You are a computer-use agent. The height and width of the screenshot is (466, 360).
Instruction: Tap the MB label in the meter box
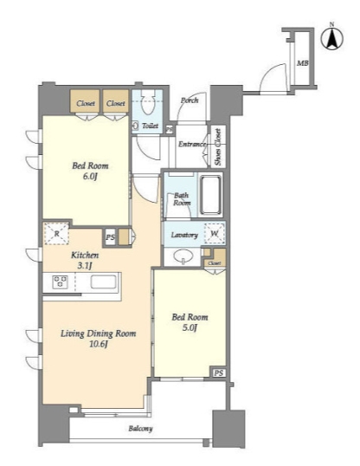302,63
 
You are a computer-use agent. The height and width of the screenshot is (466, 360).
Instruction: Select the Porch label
190,100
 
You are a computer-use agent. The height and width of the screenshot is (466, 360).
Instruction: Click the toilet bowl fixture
147,102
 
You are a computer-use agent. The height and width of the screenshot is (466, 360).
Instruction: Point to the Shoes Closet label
218,146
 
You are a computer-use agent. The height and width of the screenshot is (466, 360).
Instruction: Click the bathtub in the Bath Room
211,195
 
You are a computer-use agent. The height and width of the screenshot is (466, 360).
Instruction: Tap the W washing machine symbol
215,233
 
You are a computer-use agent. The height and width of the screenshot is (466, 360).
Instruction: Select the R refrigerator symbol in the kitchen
57,234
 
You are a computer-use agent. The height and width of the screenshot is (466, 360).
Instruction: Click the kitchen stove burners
60,282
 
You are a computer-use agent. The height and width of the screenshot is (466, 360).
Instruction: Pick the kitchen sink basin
103,282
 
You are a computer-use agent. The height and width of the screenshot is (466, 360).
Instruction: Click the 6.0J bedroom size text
90,177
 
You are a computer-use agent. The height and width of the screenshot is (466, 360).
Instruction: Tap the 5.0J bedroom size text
190,327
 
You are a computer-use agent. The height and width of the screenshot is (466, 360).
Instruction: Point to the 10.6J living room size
99,345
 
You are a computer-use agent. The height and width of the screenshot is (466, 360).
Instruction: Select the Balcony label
140,429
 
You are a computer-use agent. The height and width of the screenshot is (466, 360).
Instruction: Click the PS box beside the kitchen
110,237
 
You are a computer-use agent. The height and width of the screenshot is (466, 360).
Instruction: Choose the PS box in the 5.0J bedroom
219,372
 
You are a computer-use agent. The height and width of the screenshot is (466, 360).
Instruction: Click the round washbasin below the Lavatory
183,256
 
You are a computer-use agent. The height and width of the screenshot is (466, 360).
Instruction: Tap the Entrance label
192,144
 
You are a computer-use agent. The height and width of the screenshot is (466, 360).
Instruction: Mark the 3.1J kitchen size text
84,265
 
